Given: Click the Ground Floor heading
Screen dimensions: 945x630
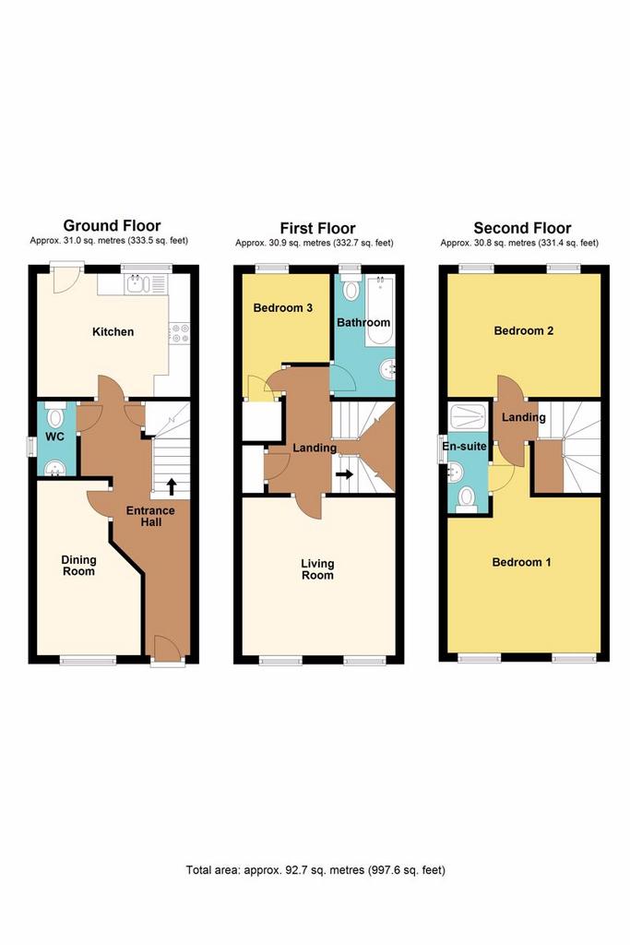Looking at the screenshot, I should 112,225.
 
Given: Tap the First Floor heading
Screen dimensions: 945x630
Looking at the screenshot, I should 317,228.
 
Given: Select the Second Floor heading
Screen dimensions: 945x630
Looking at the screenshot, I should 522,228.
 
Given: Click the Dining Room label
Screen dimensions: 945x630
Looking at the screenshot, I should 78,565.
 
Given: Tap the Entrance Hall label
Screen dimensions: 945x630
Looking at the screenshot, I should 144,516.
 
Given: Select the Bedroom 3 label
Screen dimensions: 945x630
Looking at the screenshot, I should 282,307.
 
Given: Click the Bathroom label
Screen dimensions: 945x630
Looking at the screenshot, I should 363,323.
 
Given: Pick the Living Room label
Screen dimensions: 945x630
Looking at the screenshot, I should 317,568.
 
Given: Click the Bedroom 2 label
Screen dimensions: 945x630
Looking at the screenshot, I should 523,330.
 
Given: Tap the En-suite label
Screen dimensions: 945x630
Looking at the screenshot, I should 464,446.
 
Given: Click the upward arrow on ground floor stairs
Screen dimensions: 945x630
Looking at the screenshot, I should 172,485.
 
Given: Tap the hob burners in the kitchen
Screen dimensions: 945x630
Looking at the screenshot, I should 179,332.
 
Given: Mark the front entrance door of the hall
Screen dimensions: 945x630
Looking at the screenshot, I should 166,651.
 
